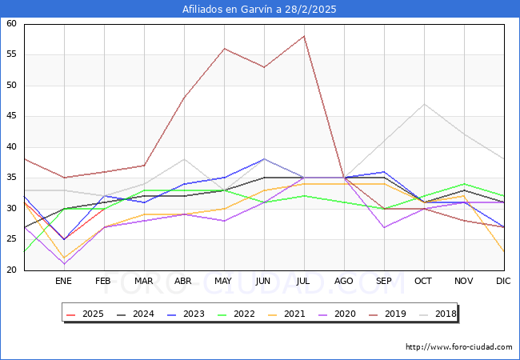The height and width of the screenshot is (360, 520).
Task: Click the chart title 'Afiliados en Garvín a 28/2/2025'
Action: [x=259, y=10]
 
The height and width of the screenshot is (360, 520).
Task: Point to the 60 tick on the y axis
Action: [x=12, y=24]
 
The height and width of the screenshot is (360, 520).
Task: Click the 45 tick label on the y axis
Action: [x=12, y=116]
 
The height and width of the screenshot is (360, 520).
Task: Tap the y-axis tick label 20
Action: [x=12, y=270]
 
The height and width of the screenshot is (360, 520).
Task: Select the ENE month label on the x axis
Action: [x=64, y=282]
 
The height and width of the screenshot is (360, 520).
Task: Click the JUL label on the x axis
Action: [x=304, y=282]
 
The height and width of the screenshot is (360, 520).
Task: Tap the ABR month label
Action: [x=184, y=282]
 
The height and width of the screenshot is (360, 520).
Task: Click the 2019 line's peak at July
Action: [x=304, y=36]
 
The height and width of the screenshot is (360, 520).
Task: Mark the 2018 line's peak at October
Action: [x=424, y=104]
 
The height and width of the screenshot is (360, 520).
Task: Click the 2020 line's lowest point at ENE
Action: [x=64, y=264]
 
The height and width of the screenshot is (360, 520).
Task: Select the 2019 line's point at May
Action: [x=224, y=49]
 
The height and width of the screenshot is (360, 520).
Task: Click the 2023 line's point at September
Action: [x=384, y=172]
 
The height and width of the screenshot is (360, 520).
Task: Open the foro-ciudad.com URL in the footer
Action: [x=458, y=347]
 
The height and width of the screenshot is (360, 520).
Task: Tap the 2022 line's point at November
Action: [x=464, y=184]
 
